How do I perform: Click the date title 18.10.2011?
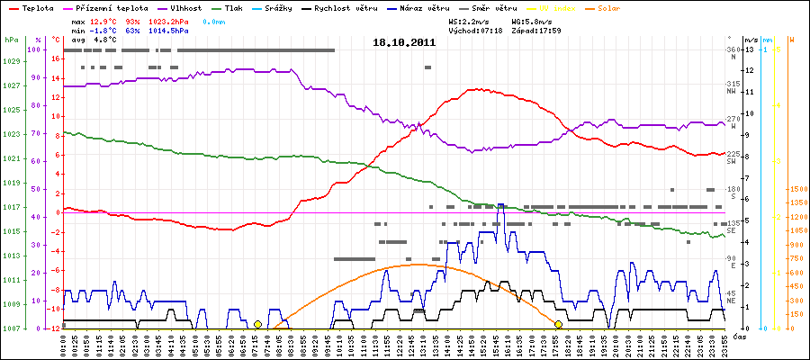pyautogui.click(x=405, y=42)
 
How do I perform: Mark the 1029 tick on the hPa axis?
pyautogui.click(x=12, y=61)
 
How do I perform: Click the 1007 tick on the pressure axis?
pyautogui.click(x=12, y=328)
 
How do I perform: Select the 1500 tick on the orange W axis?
pyautogui.click(x=796, y=189)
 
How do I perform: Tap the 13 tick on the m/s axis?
pyautogui.click(x=750, y=50)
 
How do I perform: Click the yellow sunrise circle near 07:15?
pyautogui.click(x=257, y=324)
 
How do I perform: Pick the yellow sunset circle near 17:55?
pyautogui.click(x=558, y=324)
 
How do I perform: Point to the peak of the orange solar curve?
pyautogui.click(x=417, y=265)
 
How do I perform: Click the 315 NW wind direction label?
pyautogui.click(x=732, y=87)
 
